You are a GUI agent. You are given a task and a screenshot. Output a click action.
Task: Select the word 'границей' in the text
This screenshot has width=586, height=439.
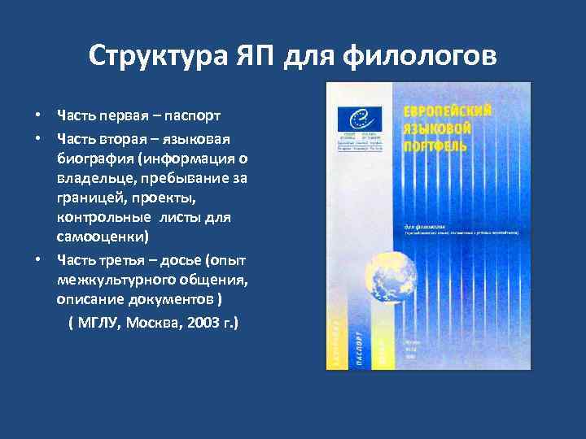[89, 198]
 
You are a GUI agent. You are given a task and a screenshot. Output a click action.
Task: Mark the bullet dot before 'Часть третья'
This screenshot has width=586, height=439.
[38, 260]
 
